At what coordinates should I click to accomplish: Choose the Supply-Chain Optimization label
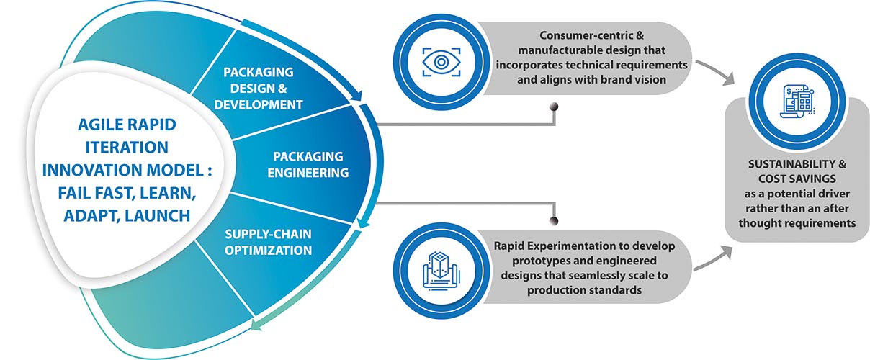[x=268, y=243]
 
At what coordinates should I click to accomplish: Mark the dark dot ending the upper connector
[x=553, y=108]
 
